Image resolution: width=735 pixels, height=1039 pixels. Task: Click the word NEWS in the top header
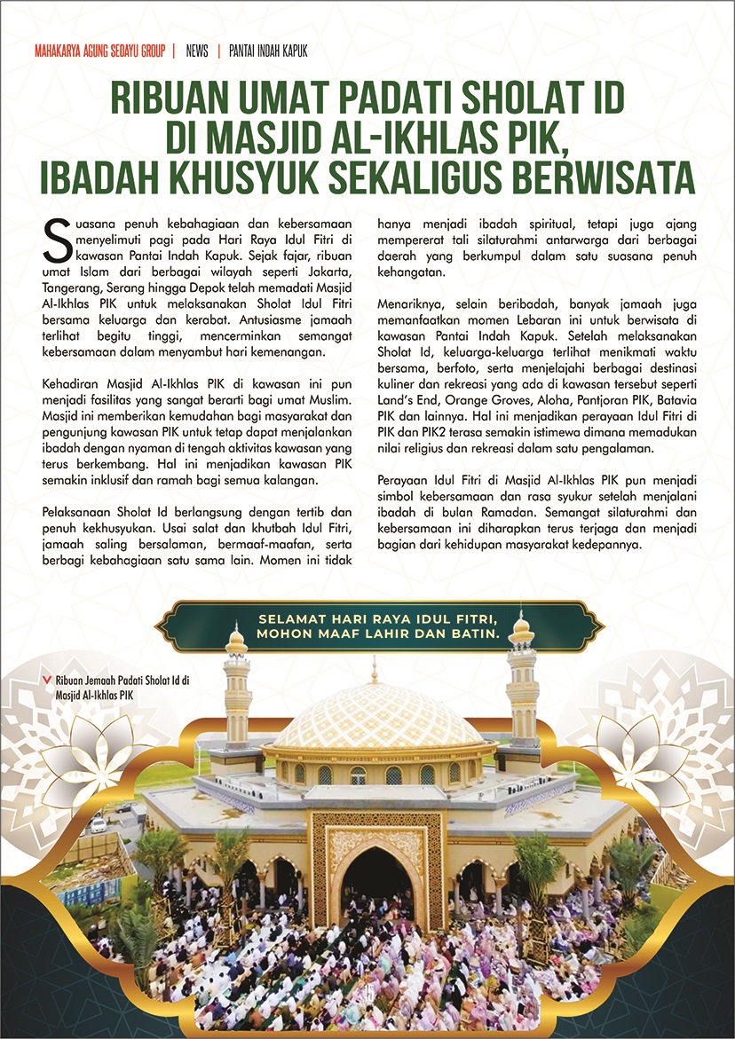point(197,51)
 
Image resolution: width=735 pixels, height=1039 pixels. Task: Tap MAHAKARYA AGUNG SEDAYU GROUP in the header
point(99,51)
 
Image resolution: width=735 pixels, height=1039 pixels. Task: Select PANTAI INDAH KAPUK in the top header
point(268,51)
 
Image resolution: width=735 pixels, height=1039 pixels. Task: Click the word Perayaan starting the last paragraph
point(405,480)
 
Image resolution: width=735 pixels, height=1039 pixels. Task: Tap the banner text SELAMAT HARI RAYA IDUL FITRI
point(383,618)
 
